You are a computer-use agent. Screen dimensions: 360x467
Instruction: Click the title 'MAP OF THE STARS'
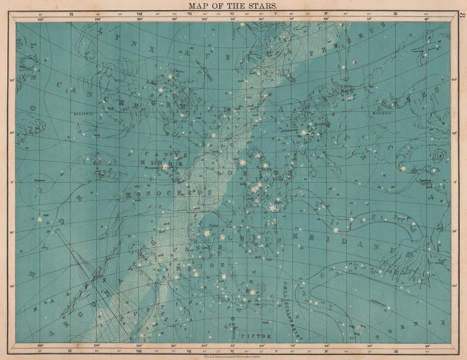233,6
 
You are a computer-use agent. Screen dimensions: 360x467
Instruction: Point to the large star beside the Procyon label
165,166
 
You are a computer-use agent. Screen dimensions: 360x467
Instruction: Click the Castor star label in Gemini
179,71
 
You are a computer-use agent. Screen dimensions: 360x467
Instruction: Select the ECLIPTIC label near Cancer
81,113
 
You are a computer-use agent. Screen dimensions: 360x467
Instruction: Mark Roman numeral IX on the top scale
71,14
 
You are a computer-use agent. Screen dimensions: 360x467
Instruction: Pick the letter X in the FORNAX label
443,323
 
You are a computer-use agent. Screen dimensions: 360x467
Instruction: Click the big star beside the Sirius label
206,233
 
